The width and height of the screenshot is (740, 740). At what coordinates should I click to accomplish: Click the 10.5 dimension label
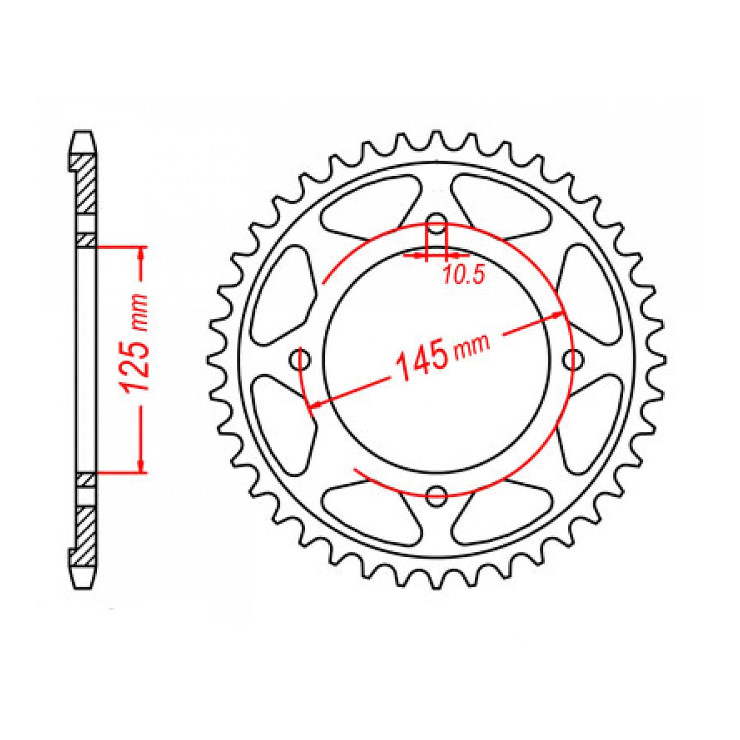tap(463, 275)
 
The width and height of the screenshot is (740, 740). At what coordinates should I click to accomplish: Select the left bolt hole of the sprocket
tap(300, 359)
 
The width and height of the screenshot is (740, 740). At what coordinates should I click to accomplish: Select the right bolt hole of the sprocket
tap(573, 359)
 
